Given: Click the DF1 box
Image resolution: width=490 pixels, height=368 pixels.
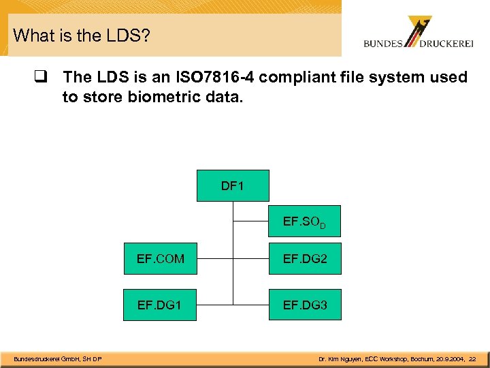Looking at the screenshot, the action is click(233, 185).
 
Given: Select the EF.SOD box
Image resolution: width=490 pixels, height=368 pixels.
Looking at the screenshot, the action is click(304, 221).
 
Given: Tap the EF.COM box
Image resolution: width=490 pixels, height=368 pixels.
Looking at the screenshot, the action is click(161, 259).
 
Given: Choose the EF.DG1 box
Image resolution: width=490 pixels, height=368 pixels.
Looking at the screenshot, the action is click(161, 305).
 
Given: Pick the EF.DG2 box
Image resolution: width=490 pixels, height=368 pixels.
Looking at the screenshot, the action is click(305, 259).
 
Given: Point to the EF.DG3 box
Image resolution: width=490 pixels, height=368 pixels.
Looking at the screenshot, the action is click(305, 305).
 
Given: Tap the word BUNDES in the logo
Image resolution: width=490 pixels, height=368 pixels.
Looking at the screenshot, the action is click(383, 44).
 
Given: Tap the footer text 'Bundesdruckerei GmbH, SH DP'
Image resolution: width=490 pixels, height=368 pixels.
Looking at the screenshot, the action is click(59, 359).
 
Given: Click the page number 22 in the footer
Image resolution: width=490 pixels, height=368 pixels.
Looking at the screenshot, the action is click(472, 359).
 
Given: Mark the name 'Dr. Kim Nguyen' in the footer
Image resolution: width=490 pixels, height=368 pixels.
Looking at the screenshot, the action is click(339, 359).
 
